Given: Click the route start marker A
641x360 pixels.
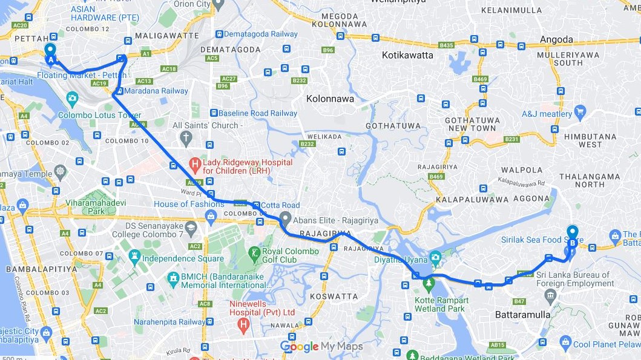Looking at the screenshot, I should (50, 54).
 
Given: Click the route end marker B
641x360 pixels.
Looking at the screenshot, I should (572, 237).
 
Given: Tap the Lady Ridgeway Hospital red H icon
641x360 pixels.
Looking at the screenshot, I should (194, 163).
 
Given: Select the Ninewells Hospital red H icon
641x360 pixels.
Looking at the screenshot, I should (243, 326).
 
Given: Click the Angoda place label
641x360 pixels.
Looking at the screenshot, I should (556, 40).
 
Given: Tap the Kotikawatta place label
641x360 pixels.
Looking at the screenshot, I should (407, 55).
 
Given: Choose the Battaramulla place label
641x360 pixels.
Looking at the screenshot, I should (522, 315).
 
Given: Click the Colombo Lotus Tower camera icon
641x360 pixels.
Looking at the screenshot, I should (72, 97).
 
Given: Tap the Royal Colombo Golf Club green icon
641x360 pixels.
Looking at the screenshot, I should (255, 252).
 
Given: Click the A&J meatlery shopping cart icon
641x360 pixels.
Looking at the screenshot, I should (580, 111).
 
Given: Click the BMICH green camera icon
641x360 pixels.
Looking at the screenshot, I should (173, 279).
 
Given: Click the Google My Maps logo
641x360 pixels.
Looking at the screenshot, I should (321, 347).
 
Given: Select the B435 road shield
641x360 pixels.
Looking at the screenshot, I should (446, 45).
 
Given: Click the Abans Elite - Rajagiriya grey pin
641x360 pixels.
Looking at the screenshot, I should (286, 220).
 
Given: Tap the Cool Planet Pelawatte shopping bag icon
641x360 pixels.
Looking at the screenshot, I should (565, 344).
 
